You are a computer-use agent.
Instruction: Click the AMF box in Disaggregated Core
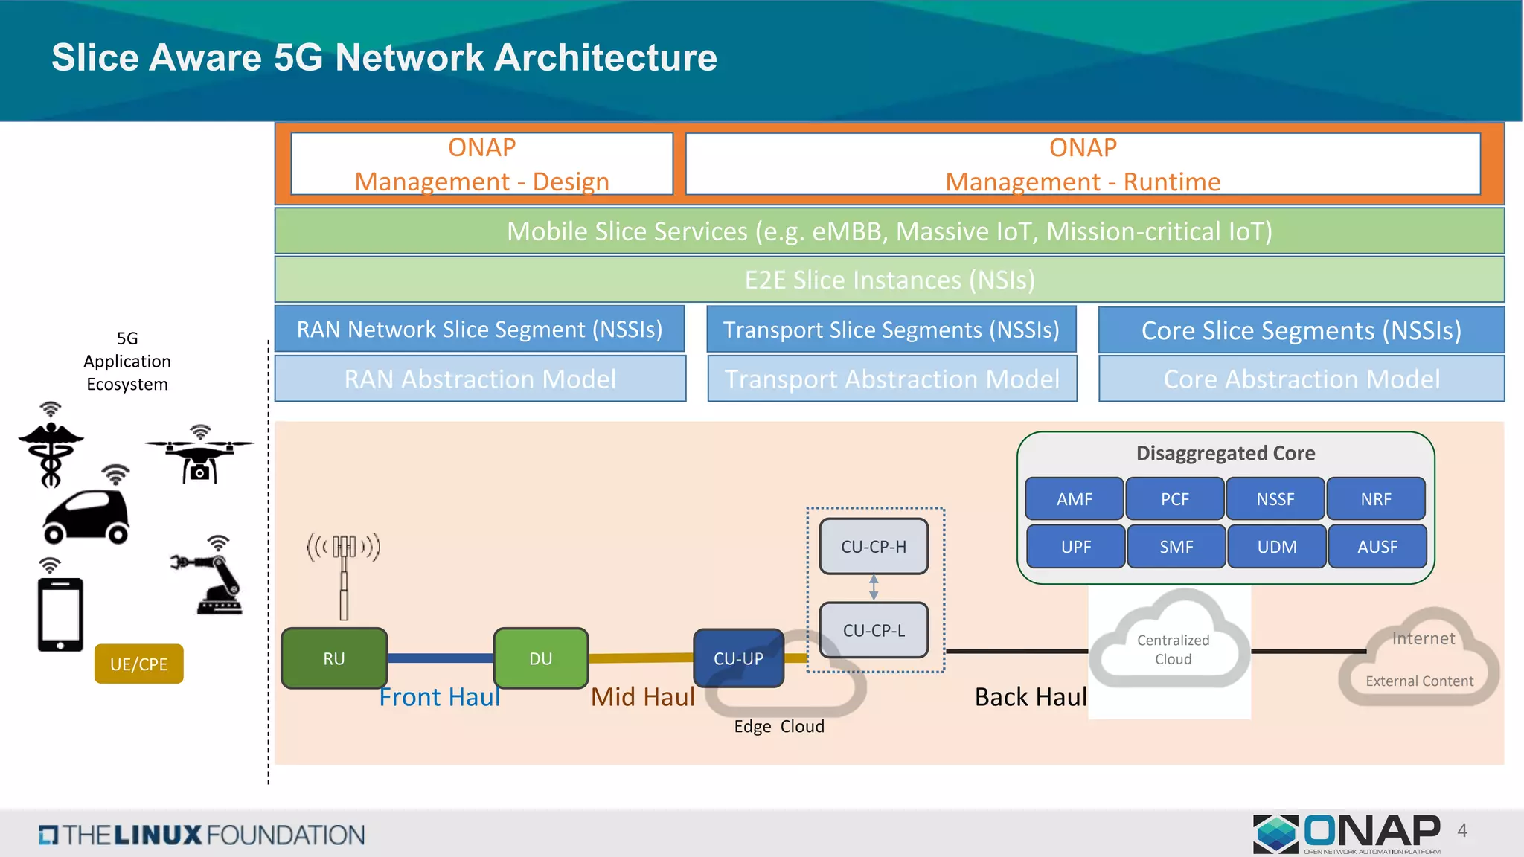1074,498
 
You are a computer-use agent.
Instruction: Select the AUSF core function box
1377,547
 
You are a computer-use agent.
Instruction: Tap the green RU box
334,658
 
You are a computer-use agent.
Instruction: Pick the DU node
541,658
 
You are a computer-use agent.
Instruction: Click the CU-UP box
738,658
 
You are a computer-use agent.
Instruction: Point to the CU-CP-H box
874,547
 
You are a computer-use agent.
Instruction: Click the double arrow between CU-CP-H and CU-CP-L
874,588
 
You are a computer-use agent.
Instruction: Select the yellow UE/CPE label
139,664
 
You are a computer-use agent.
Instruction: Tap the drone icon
199,458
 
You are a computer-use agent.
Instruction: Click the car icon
86,516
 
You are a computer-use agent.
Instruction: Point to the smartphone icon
60,614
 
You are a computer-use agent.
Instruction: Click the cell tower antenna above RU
344,573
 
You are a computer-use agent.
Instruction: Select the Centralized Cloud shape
1173,643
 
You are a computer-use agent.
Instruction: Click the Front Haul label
439,697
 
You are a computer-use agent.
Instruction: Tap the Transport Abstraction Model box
891,379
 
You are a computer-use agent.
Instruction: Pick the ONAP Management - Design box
481,164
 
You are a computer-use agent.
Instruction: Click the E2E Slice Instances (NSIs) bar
889,280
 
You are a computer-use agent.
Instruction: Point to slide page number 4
1462,830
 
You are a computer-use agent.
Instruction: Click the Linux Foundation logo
202,835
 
